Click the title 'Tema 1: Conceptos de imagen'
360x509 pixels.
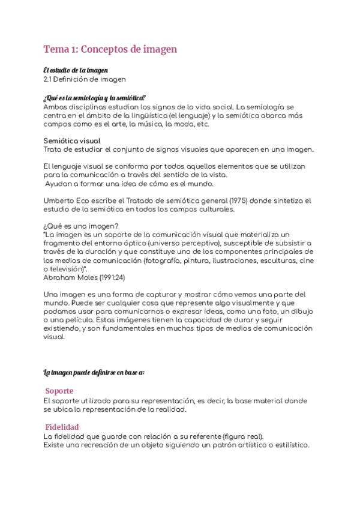pos(110,49)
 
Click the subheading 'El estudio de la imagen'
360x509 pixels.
pos(75,70)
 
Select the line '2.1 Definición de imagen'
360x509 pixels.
pos(85,79)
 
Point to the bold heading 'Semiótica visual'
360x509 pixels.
pos(68,140)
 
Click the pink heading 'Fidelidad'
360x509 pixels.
pos(62,426)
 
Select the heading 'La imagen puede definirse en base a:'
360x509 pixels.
pos(94,372)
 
